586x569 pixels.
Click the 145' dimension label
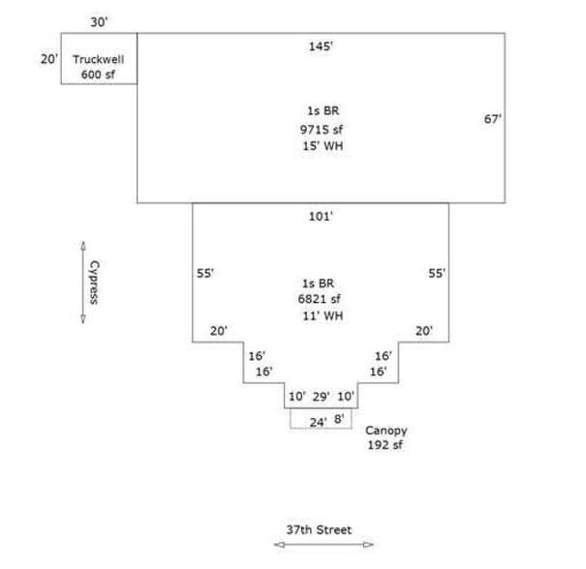tap(320, 45)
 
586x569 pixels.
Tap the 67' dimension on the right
tap(492, 119)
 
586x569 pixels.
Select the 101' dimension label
tap(321, 217)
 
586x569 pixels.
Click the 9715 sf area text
tap(321, 129)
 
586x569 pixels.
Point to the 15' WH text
tap(322, 146)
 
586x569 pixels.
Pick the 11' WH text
tap(322, 316)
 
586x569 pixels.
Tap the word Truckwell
tap(98, 59)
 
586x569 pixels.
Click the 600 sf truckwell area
tap(98, 75)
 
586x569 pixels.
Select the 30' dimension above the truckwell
tap(99, 21)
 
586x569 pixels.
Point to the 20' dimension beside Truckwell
tap(49, 59)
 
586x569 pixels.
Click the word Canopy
tap(386, 430)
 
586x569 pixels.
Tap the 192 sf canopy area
tap(386, 445)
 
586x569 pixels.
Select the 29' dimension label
tap(322, 397)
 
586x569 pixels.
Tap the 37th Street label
tap(319, 529)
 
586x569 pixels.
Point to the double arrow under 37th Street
tap(323, 546)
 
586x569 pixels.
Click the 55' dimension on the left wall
tap(205, 274)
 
